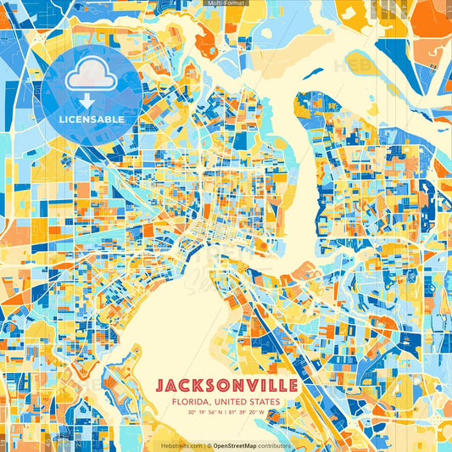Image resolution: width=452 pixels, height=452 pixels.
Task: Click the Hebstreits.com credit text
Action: click(x=181, y=445)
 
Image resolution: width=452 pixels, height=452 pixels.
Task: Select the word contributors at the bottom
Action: click(x=276, y=445)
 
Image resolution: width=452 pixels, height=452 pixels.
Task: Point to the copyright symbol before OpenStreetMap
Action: click(x=209, y=445)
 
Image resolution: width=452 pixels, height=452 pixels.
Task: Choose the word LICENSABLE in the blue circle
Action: click(x=92, y=120)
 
